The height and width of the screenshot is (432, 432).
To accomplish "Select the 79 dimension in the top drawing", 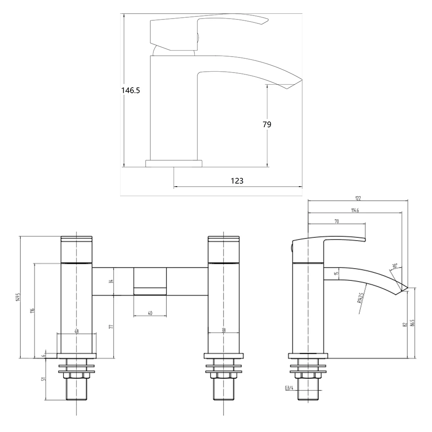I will tap(267, 124).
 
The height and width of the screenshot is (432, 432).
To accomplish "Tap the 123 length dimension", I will tap(237, 181).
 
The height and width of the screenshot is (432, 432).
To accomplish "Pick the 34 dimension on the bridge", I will tap(111, 281).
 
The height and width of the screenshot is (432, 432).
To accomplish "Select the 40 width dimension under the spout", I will tap(149, 313).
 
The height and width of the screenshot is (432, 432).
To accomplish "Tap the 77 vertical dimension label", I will tap(111, 327).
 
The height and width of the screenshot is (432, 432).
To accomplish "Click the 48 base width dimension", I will tap(76, 331).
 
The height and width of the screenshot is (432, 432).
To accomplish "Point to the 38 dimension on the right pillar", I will tap(223, 331).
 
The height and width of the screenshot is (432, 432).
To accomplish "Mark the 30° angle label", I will tap(394, 266).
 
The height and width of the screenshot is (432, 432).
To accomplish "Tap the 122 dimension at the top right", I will tap(358, 198).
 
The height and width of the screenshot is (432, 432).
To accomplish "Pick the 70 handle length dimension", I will tap(336, 221).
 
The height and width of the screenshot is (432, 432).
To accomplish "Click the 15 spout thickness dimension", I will tap(337, 273).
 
